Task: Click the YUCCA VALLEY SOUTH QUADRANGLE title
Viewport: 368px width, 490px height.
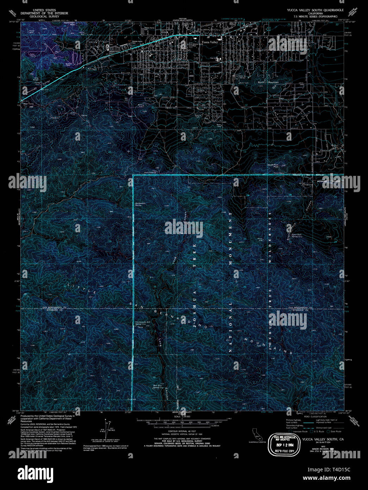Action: (x=315, y=10)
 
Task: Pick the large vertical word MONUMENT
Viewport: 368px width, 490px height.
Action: (x=231, y=236)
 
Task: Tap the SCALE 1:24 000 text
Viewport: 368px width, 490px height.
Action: (x=179, y=416)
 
